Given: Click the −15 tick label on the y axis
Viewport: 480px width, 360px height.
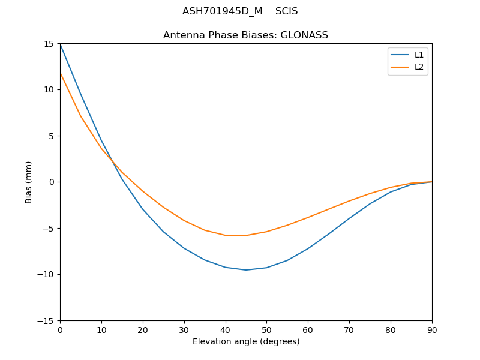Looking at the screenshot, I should coord(48,320).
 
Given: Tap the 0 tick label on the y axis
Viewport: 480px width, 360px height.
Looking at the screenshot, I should coord(53,182).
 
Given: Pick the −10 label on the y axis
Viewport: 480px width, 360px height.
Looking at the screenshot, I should coord(48,274).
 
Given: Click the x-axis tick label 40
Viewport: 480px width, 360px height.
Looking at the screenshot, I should coord(226,330).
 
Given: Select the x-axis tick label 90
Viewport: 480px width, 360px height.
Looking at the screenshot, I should coord(432,330).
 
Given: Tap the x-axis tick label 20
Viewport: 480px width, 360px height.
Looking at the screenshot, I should coord(143,330).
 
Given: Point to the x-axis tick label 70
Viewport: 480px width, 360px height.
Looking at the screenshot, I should coord(349,330).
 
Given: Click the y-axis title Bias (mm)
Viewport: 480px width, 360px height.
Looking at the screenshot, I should coord(29,182).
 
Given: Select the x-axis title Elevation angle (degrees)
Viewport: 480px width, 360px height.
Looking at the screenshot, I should coord(246,342).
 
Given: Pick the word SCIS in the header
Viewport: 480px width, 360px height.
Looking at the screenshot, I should coord(287,11).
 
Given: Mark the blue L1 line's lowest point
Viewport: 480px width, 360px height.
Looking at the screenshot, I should coord(246,270).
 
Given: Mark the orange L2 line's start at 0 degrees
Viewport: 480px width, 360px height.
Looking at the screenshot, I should coord(60,73).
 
